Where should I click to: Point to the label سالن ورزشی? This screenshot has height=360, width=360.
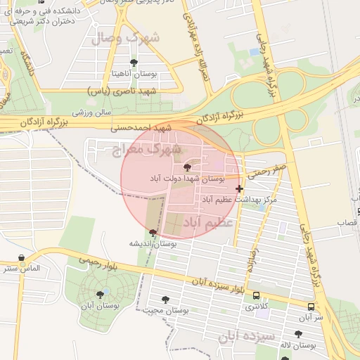click(94, 112)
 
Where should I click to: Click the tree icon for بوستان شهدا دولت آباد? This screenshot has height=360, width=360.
click(186, 167)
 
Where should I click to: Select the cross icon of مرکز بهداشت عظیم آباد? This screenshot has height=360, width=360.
click(240, 188)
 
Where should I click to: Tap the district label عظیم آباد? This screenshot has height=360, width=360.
click(207, 223)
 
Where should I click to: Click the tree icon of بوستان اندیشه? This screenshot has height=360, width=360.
click(153, 232)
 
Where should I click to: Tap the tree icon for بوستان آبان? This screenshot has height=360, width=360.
click(99, 295)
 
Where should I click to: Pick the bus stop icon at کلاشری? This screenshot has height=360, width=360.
click(256, 296)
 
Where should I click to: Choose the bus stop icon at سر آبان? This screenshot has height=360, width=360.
click(311, 307)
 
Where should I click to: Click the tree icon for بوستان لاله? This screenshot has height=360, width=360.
click(298, 334)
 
